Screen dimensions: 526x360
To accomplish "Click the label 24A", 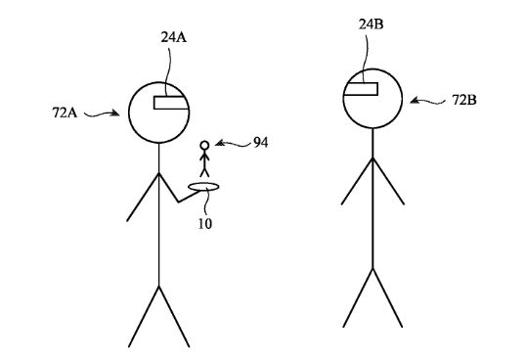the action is click(173, 37).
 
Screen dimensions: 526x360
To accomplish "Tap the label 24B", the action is click(371, 24).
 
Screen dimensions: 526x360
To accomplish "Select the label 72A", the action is click(65, 112).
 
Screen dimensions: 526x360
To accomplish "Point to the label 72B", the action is click(464, 100).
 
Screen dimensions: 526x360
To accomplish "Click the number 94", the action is click(260, 143).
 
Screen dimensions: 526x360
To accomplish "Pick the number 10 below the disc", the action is click(204, 224).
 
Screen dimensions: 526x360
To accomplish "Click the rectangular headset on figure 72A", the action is click(171, 103).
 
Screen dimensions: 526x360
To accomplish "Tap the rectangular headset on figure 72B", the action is click(361, 89).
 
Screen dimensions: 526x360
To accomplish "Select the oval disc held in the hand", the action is click(203, 187).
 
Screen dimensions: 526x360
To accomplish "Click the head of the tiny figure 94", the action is click(204, 146).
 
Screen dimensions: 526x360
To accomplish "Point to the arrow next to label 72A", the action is click(102, 114).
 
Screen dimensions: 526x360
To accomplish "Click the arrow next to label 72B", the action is click(427, 101).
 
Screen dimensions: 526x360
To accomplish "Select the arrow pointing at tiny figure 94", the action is click(233, 144).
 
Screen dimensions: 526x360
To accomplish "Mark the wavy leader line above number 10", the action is click(206, 202).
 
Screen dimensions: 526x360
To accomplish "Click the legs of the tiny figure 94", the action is click(204, 173).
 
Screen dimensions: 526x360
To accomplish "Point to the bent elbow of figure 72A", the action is click(178, 202).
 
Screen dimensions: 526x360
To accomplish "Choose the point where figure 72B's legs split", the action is click(373, 269).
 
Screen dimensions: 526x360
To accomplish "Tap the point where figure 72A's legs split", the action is click(159, 287).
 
